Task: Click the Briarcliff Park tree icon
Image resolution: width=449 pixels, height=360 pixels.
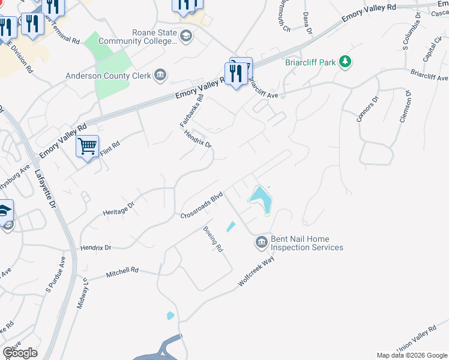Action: point(345,61)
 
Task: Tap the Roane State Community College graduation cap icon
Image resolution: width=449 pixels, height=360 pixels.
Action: point(186,37)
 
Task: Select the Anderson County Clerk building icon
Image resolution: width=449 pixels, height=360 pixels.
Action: point(160,75)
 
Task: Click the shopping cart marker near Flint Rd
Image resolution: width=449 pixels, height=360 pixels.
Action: point(87,146)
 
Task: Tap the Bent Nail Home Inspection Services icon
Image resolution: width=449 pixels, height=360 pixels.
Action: point(261,242)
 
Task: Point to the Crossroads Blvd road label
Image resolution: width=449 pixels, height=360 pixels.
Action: point(202,205)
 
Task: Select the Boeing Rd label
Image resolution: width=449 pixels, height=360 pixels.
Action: point(213,239)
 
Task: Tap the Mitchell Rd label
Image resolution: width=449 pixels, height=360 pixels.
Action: point(122,272)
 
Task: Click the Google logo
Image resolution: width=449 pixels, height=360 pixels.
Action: point(20,352)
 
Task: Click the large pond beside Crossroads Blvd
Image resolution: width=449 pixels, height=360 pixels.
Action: point(261,198)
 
